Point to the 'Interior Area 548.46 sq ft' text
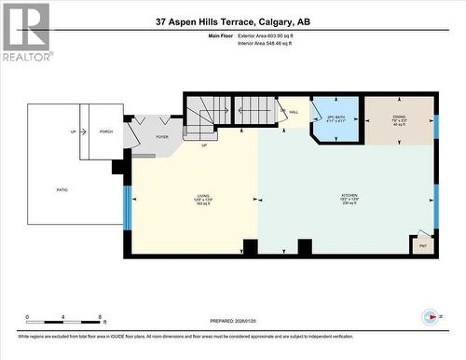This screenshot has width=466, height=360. click(271, 43)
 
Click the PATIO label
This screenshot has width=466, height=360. click(62, 189)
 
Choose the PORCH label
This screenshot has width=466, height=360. click(106, 132)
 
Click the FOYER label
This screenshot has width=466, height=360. click(162, 137)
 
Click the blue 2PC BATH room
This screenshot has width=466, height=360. click(336, 118)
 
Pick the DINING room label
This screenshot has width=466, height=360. click(398, 118)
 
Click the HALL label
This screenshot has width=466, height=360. click(293, 112)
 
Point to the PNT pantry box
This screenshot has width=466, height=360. click(422, 245)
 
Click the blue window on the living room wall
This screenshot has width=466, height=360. click(127, 210)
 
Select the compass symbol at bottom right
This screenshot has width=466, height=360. click(431, 315)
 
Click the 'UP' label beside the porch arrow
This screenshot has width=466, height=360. click(73, 132)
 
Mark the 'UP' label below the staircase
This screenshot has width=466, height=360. click(204, 145)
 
